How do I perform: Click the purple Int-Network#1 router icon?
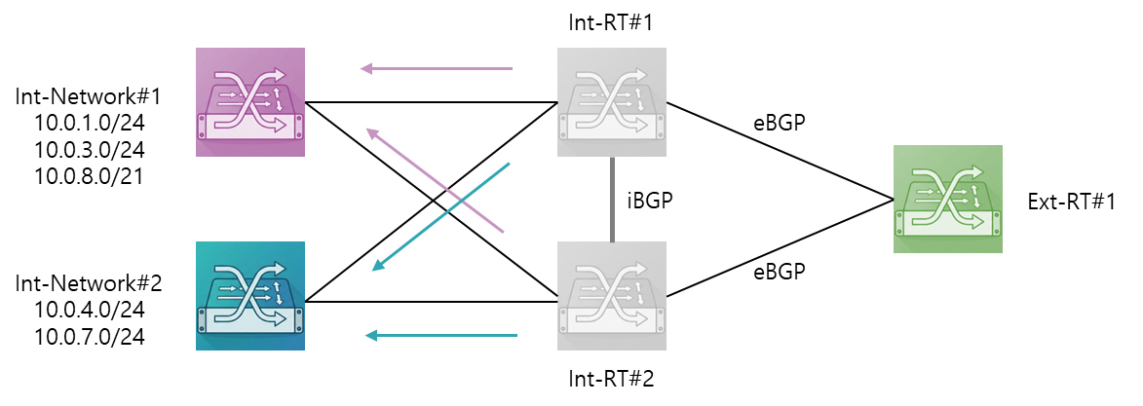click(250, 102)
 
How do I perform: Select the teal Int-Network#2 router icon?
click(250, 296)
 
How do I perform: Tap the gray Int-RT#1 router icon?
click(612, 102)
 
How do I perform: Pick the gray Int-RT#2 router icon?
click(612, 296)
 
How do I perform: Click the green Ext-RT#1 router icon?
click(948, 199)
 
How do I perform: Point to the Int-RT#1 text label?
click(610, 21)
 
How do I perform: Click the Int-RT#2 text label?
click(611, 379)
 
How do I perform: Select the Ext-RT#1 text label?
click(1072, 202)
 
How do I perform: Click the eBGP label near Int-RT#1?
click(779, 123)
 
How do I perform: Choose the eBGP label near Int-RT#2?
click(779, 272)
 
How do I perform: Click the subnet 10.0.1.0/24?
click(89, 124)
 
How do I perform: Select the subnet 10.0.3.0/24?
click(89, 149)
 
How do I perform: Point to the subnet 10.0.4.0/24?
click(89, 311)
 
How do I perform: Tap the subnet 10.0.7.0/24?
click(89, 337)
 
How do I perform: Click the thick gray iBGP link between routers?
click(612, 199)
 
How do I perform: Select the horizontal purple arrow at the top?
click(438, 68)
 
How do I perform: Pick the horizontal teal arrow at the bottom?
click(441, 335)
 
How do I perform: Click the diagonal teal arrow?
click(440, 217)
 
